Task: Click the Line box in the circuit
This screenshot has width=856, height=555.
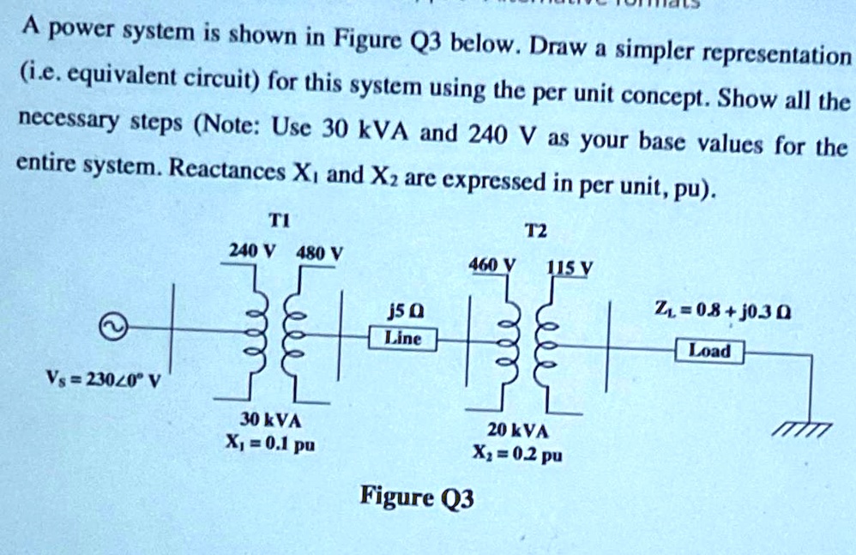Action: (x=402, y=339)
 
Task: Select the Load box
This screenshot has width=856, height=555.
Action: (x=710, y=351)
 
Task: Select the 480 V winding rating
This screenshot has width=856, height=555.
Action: (x=319, y=254)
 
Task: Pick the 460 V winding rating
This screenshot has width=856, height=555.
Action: (x=487, y=265)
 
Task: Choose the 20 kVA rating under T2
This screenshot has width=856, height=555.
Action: (x=515, y=431)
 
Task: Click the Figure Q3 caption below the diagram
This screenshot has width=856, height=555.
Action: (x=417, y=497)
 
